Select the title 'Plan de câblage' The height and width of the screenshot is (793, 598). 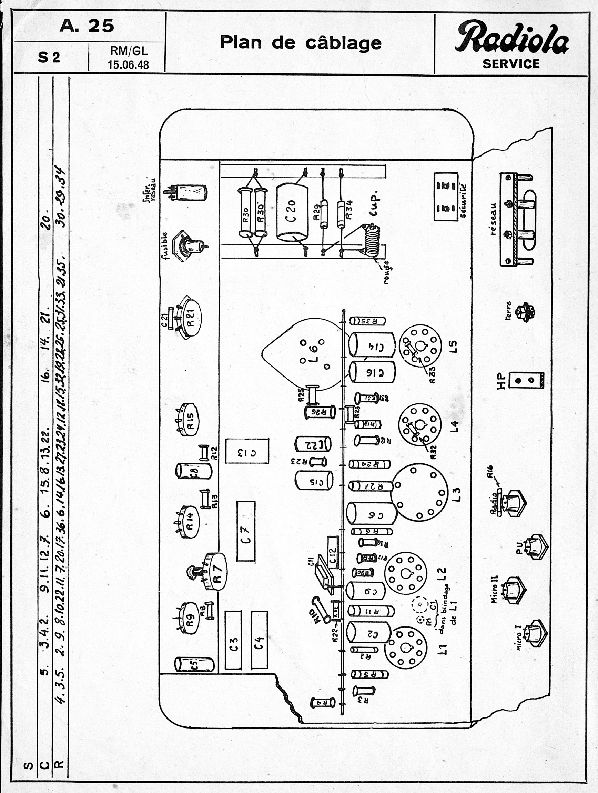pos(300,43)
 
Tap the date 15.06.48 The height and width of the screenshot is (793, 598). pos(128,65)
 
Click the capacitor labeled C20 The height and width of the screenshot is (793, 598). pos(292,212)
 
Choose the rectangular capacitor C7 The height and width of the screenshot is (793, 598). pos(246,531)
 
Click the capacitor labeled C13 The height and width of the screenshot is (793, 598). pos(247,451)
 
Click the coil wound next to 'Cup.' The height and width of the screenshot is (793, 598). pos(371,240)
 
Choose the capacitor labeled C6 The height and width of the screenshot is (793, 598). pos(372,515)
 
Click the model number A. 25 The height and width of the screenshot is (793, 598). pos(87,26)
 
